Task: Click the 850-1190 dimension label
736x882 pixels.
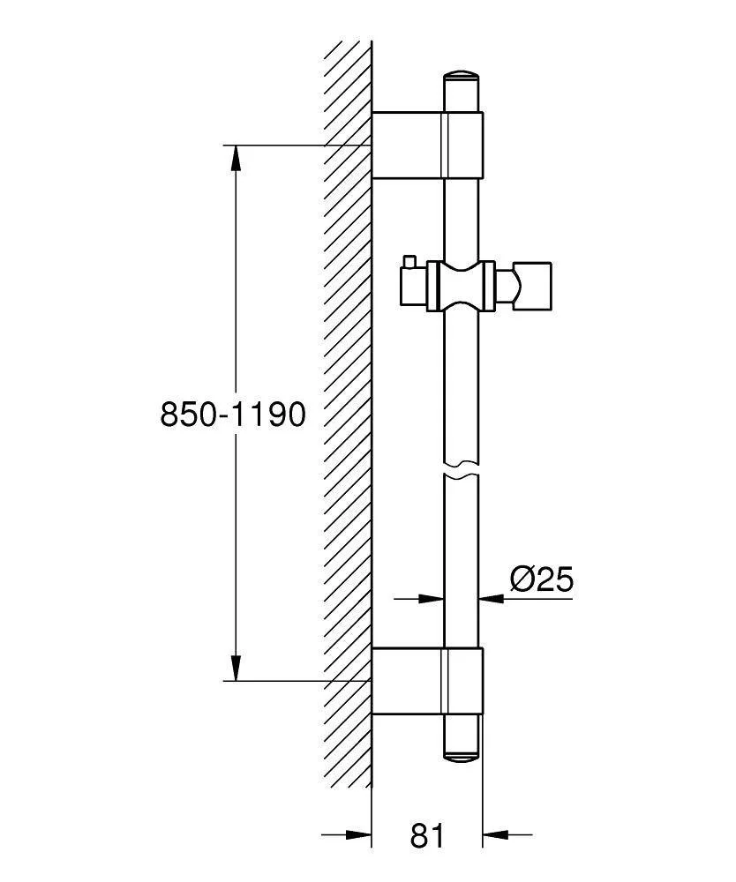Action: click(x=233, y=415)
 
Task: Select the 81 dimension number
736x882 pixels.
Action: click(x=427, y=835)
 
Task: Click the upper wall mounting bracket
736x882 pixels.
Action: click(x=428, y=146)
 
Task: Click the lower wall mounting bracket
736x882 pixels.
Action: click(x=428, y=681)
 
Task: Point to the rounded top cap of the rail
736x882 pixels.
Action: click(x=462, y=77)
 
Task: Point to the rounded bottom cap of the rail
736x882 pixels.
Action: click(x=462, y=756)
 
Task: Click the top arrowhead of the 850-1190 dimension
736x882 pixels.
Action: click(x=237, y=157)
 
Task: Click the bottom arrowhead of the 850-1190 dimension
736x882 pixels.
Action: click(x=237, y=669)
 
